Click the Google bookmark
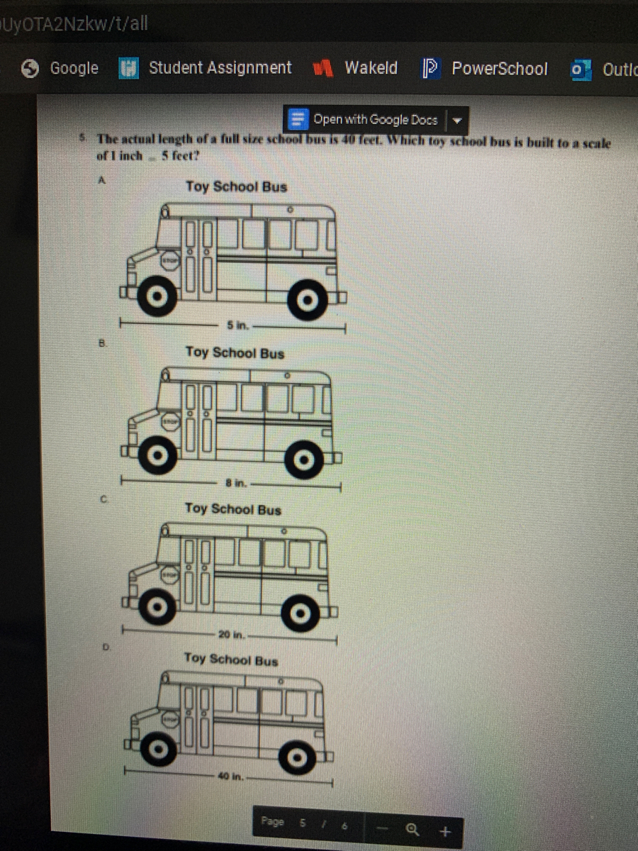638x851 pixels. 61,68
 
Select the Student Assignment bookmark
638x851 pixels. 206,68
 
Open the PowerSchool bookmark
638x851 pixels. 485,69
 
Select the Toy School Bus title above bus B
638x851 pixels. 235,352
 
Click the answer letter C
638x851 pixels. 103,500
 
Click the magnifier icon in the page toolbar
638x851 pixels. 412,829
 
